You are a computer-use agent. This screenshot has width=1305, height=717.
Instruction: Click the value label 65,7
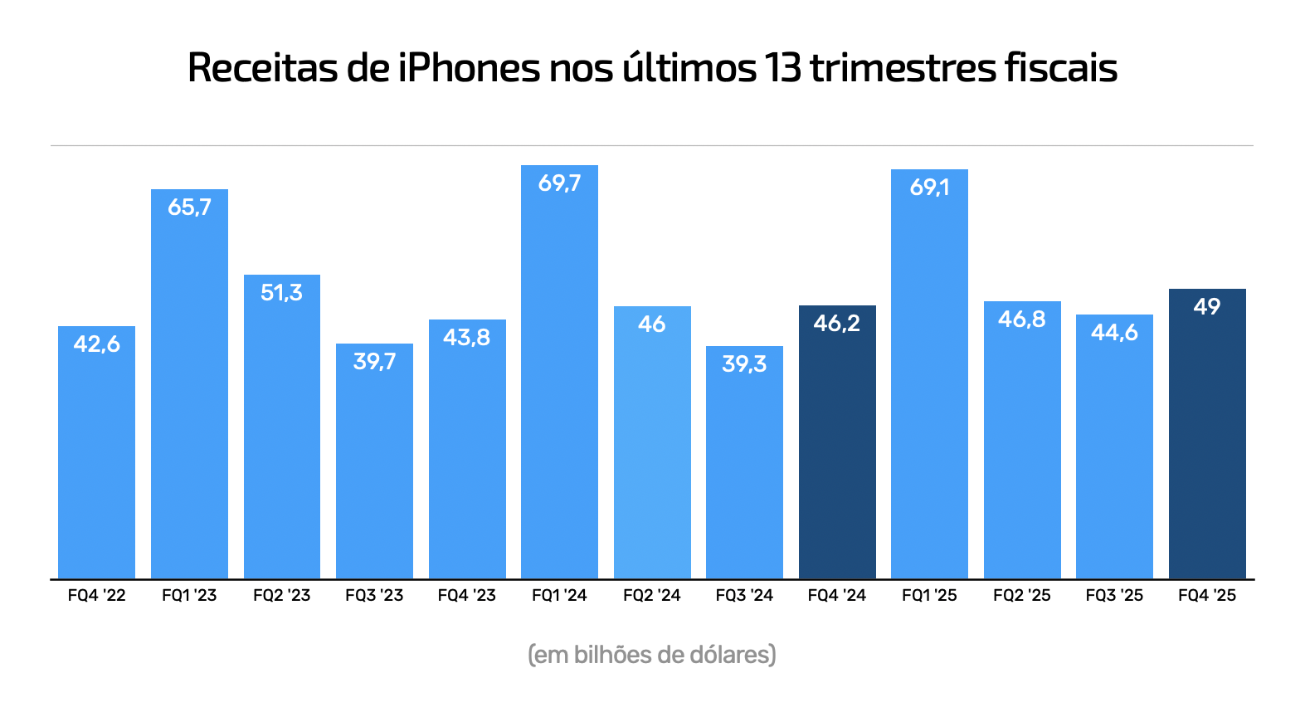click(x=189, y=207)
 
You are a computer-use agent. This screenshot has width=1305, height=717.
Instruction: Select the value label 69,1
click(x=929, y=188)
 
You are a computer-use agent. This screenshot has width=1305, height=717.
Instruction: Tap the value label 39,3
click(x=744, y=363)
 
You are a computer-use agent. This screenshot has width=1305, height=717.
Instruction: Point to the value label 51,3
click(x=281, y=292)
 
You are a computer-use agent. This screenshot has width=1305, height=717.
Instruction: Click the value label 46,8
click(x=1021, y=319)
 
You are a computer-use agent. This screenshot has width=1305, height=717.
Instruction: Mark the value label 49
click(x=1207, y=307)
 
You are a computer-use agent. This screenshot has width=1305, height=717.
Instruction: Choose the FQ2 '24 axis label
click(x=651, y=595)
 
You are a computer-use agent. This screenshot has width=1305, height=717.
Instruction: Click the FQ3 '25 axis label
click(x=1114, y=595)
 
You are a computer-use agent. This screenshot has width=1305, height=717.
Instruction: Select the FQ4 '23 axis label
click(x=466, y=595)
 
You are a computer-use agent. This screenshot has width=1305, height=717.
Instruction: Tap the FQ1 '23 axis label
click(x=189, y=595)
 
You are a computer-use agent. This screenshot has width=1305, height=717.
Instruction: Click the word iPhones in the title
click(x=469, y=68)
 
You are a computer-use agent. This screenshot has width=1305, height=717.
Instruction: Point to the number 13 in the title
click(x=782, y=68)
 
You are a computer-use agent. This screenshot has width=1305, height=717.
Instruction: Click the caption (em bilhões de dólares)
click(x=652, y=655)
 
